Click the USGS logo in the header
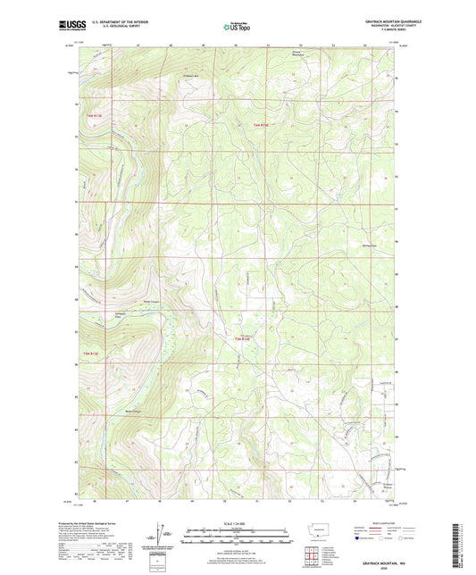69,26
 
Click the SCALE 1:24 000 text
238,523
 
